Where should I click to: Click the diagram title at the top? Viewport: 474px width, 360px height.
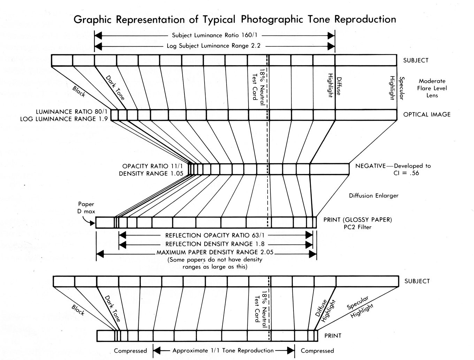point(235,19)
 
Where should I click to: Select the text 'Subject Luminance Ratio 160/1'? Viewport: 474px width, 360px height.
point(216,35)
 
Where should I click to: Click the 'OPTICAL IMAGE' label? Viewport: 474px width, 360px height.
point(427,114)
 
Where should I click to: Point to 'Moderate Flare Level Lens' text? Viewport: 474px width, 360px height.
point(432,88)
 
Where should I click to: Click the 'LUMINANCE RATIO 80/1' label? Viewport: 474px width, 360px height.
point(72,112)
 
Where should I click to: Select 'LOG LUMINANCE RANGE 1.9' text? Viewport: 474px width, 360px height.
point(64,119)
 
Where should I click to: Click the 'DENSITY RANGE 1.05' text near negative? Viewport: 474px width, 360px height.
point(151,173)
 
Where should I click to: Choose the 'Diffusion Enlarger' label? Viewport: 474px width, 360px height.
point(374,196)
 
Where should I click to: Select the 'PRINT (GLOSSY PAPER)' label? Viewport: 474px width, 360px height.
point(358,220)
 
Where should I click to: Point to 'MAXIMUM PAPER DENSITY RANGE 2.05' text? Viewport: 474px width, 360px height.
point(215,252)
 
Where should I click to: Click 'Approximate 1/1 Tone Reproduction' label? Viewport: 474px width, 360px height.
point(223,351)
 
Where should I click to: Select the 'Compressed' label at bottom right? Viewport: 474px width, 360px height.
point(317,351)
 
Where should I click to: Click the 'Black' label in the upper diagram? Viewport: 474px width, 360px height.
point(79,91)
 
